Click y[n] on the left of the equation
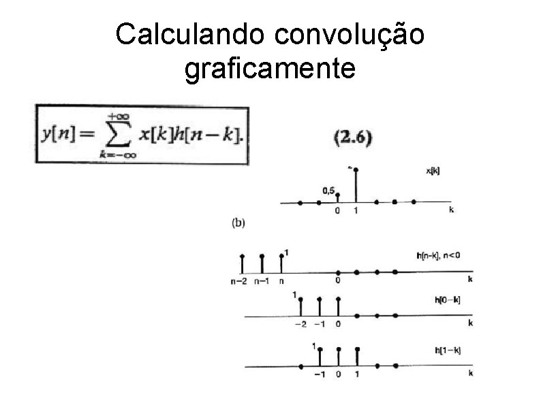[x=59, y=135]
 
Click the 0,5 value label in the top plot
[x=328, y=191]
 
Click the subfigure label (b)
[x=238, y=221]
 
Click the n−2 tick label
[x=240, y=280]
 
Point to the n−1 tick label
[x=261, y=280]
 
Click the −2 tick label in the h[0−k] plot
[x=300, y=324]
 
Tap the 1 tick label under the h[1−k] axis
[x=357, y=374]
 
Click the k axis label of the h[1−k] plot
[x=470, y=373]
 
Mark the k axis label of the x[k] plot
[x=451, y=210]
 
